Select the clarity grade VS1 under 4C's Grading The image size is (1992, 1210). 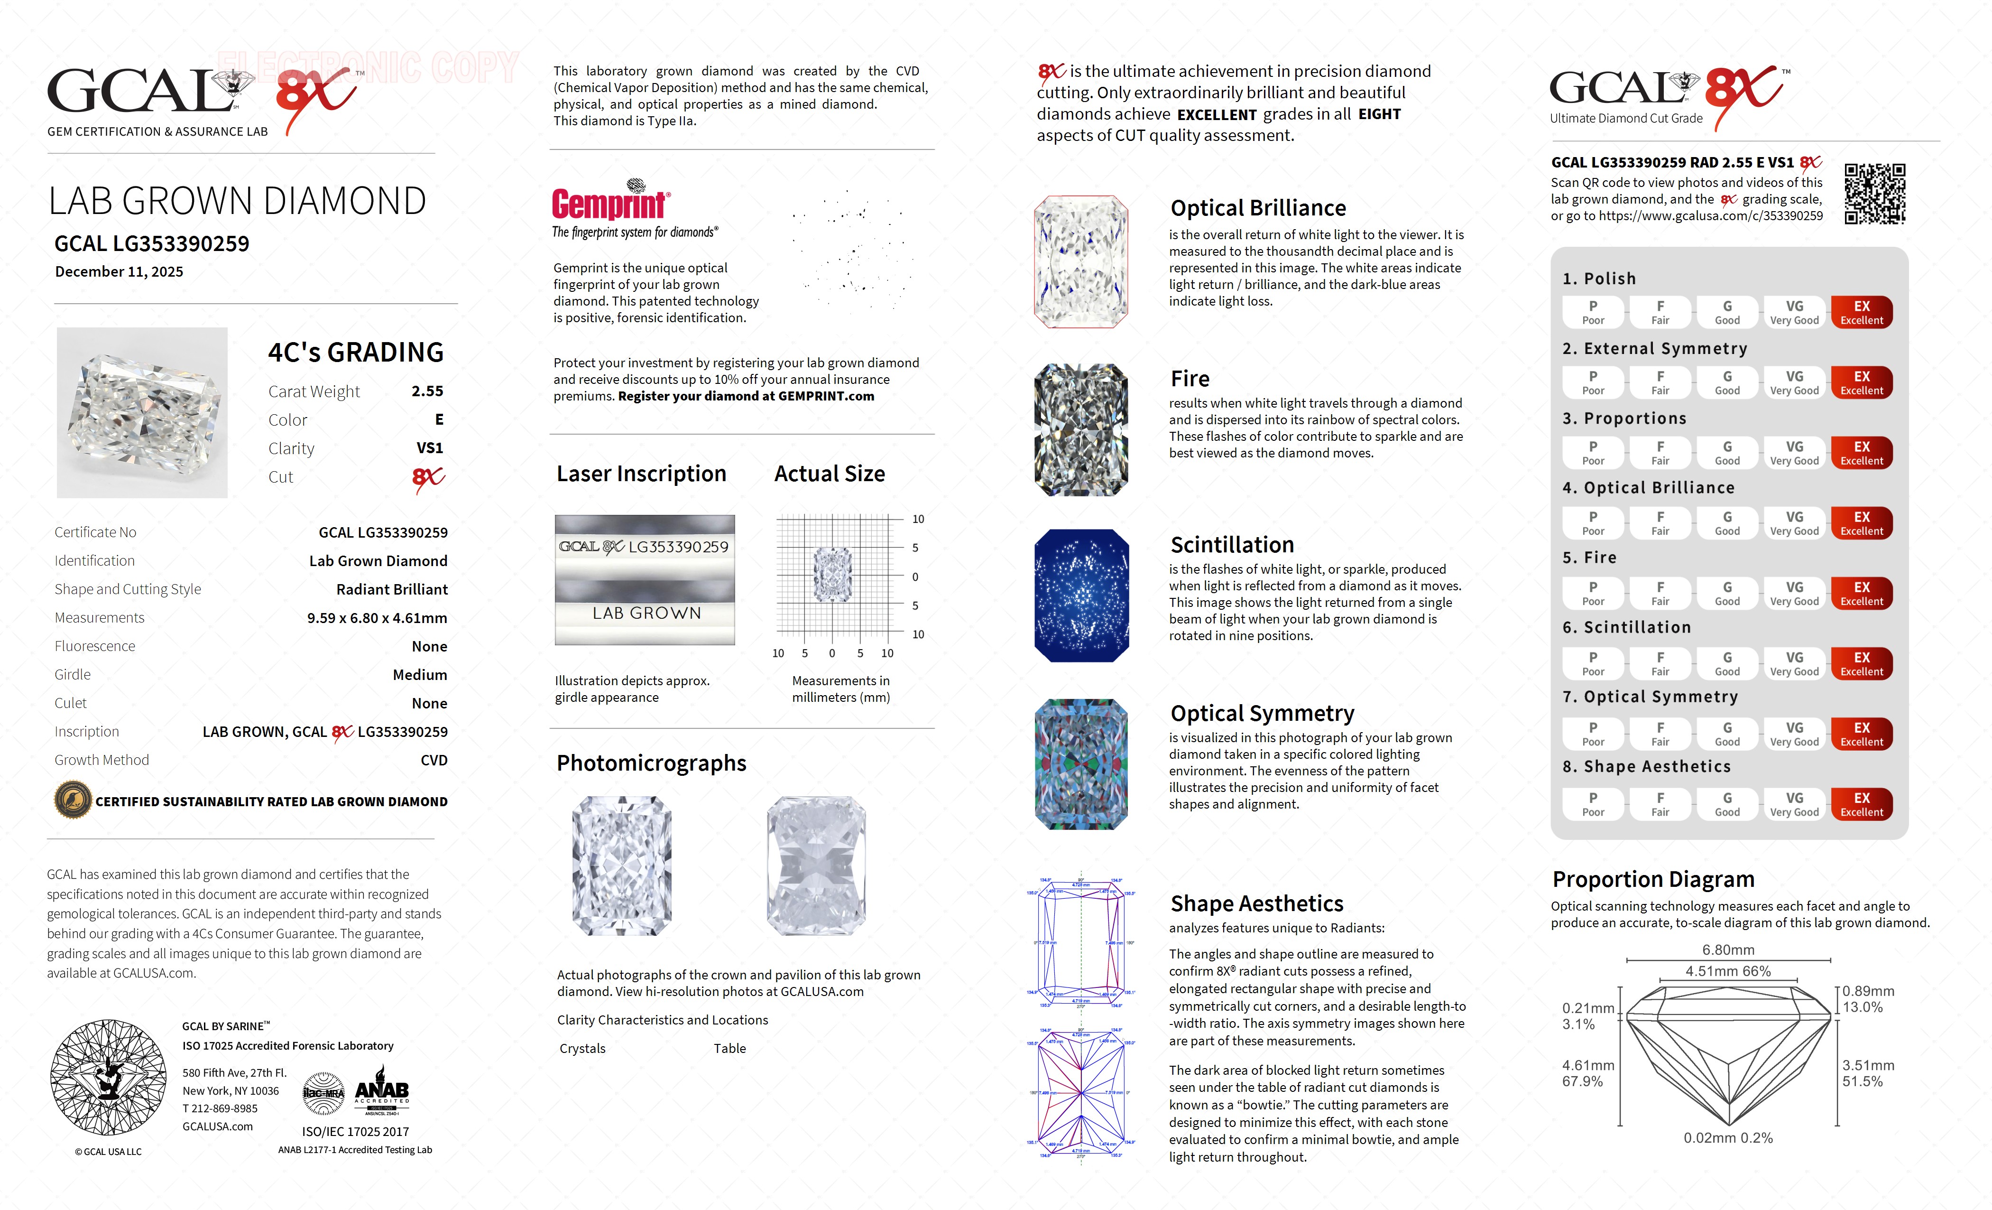(429, 448)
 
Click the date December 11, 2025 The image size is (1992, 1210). (119, 272)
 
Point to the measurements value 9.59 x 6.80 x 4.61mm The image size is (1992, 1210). (377, 618)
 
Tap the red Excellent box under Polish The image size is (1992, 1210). (1861, 312)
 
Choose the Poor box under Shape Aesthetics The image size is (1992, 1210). (1593, 804)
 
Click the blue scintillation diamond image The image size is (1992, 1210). (1081, 596)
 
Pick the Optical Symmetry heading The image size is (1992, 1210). (1262, 713)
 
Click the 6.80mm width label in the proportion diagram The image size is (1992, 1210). (1728, 949)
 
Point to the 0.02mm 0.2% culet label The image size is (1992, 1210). (1728, 1138)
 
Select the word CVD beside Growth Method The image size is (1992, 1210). (433, 760)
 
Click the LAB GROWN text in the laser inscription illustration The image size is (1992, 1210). (646, 613)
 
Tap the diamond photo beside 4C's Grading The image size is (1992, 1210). (142, 412)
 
